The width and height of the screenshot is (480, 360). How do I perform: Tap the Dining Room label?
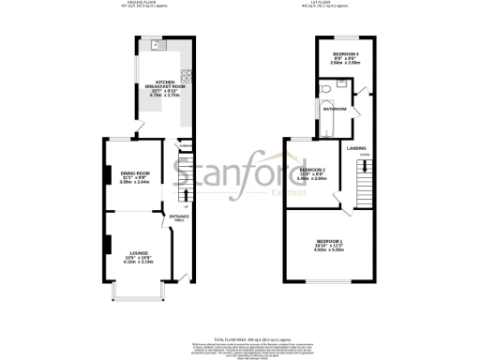point(136,173)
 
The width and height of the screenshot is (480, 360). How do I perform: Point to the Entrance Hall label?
point(179,218)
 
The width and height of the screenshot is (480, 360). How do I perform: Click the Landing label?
point(356,148)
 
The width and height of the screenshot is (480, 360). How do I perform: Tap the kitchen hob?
point(187,77)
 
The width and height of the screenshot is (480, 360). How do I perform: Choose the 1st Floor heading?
point(333,4)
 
